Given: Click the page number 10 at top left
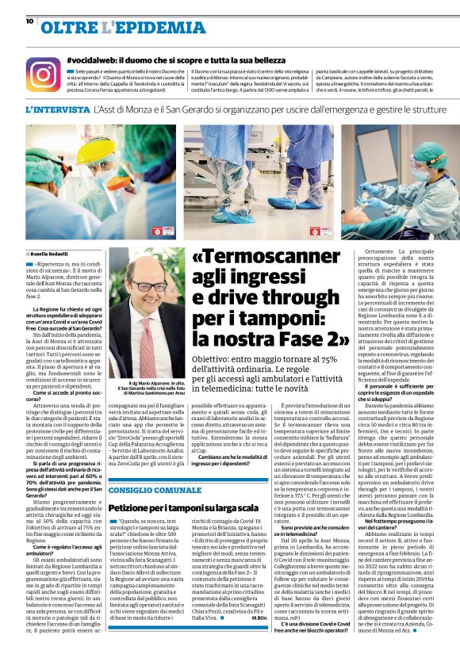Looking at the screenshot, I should point(29,6).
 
